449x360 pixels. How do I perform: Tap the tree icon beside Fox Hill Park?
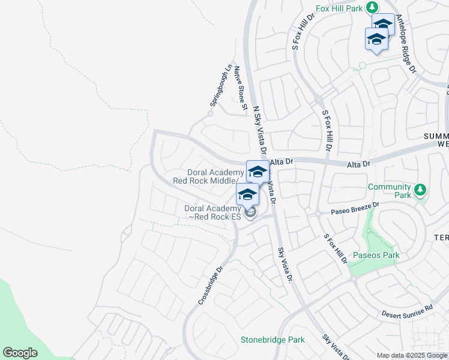tap(373, 7)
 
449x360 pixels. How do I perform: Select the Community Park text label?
tap(390, 191)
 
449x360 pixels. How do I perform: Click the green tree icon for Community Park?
tap(421, 190)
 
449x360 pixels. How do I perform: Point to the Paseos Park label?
tap(376, 256)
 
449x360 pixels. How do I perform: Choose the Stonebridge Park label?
tap(273, 340)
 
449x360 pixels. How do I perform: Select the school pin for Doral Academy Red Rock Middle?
tap(258, 172)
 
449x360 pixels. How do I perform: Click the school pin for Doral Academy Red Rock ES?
tap(247, 194)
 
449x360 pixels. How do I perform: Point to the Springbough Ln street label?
tap(220, 86)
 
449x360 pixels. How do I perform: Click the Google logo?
tap(20, 352)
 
